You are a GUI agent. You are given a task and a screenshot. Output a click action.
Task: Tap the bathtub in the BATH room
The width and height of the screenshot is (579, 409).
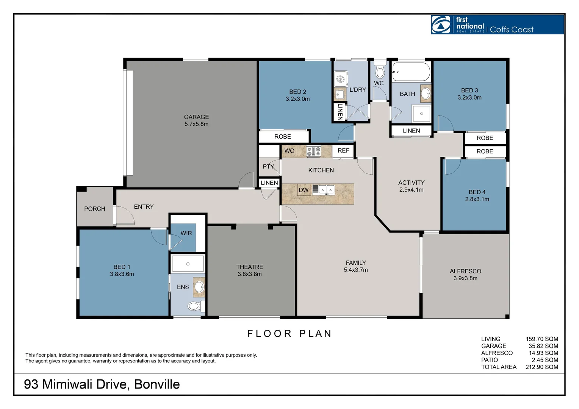point(411,72)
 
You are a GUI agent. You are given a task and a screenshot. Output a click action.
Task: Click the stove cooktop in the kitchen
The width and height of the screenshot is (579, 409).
point(314,151)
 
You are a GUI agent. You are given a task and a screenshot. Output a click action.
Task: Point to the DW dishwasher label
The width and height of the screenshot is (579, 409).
point(304,190)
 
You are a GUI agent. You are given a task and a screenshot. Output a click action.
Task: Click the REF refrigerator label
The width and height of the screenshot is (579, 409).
point(343,151)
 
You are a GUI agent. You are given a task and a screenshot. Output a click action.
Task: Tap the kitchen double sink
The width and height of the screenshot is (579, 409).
point(326,189)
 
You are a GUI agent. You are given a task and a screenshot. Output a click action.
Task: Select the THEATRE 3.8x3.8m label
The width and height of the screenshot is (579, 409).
point(250,270)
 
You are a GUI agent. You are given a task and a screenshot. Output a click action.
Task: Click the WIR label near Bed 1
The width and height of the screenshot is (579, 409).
point(186,233)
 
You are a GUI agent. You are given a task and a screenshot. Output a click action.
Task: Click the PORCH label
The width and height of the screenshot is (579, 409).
point(95,209)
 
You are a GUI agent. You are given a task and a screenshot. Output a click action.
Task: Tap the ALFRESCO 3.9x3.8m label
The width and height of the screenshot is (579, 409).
point(465,275)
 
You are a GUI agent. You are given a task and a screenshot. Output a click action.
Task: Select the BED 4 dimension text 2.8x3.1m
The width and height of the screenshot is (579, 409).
point(477,199)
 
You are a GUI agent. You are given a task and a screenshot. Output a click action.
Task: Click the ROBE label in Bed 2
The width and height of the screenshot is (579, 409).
point(283,137)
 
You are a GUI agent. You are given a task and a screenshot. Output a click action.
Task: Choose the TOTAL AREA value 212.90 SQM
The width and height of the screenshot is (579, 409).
point(541,367)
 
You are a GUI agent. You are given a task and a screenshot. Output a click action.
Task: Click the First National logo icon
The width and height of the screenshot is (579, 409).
point(441,25)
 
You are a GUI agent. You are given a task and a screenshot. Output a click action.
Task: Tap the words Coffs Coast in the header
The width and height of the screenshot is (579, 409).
point(512,30)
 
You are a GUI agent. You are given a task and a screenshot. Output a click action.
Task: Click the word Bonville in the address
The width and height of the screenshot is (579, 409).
point(157,384)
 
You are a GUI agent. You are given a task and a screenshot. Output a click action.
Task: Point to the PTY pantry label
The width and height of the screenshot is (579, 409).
point(268,167)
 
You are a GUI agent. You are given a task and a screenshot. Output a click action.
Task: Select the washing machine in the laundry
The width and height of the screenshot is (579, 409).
point(341,79)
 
